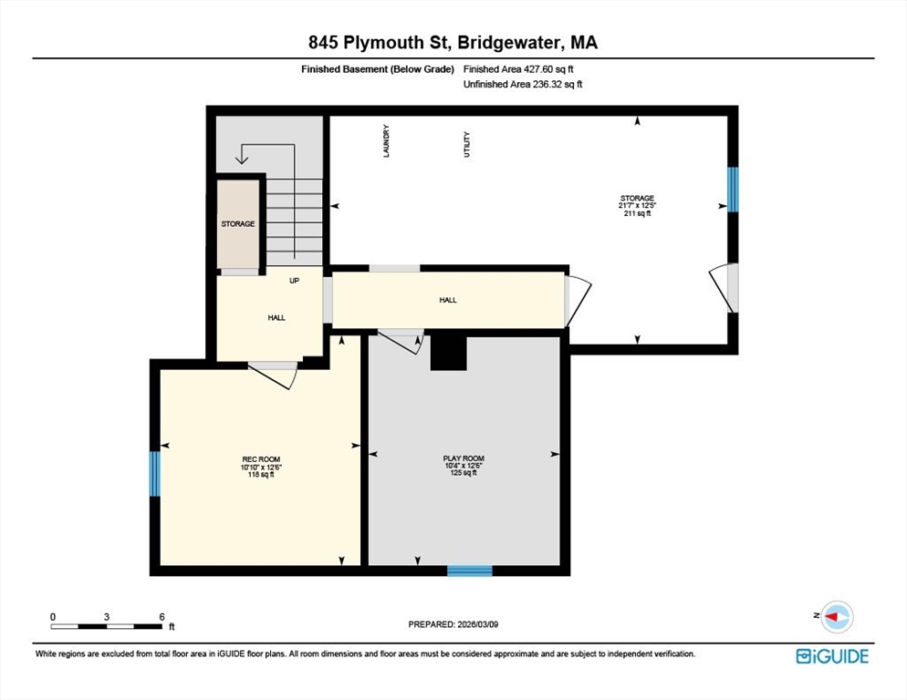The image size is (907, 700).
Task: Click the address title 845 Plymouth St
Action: [x=453, y=42]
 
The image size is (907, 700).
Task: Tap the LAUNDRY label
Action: [x=387, y=141]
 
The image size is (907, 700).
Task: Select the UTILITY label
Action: [x=467, y=145]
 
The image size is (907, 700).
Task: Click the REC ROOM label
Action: [x=261, y=458]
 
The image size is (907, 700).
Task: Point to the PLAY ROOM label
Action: [x=464, y=458]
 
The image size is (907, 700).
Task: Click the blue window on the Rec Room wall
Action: [x=155, y=473]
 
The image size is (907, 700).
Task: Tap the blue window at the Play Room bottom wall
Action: [x=469, y=571]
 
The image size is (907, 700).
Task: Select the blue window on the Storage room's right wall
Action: [x=732, y=189]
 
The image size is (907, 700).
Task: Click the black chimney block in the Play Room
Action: [x=448, y=353]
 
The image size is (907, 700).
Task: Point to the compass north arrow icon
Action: [x=836, y=617]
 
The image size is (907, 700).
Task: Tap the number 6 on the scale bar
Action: [x=162, y=616]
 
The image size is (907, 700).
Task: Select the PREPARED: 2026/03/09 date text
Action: [x=453, y=624]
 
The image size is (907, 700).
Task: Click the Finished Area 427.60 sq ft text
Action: [x=518, y=68]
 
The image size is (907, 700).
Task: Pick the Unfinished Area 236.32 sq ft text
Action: [x=523, y=84]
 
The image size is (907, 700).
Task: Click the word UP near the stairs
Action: [x=294, y=281]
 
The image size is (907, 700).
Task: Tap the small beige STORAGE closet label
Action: [x=237, y=223]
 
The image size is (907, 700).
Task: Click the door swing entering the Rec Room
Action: [x=275, y=374]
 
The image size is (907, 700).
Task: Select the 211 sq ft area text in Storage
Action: [x=637, y=214]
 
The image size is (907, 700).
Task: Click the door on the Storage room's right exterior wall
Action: [x=726, y=287]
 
